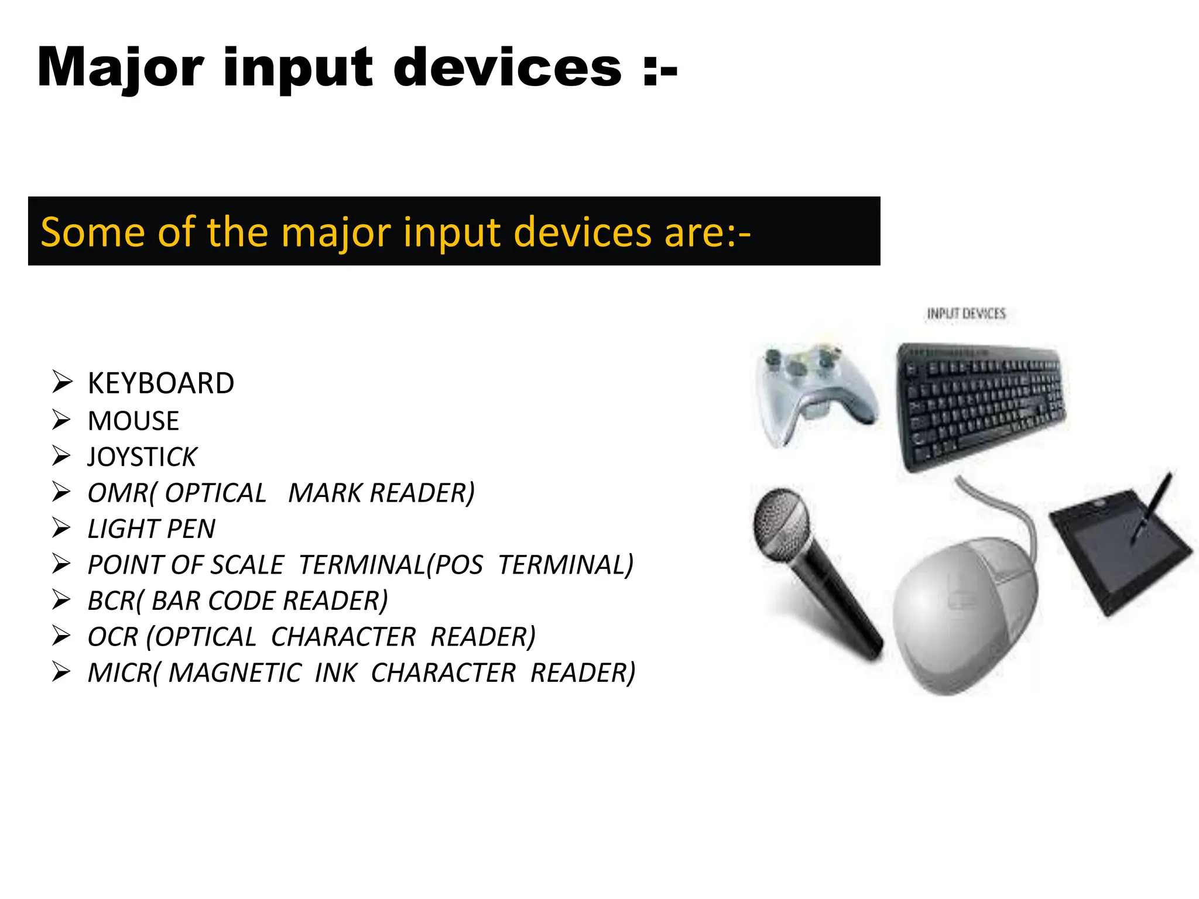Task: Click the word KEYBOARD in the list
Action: pos(161,384)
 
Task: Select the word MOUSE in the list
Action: pos(133,421)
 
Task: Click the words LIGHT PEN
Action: pos(151,529)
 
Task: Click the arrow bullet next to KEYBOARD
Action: pos(61,382)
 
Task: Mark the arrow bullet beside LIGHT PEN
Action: pos(61,528)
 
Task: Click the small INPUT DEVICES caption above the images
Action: pos(966,314)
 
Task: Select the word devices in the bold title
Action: pos(507,69)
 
